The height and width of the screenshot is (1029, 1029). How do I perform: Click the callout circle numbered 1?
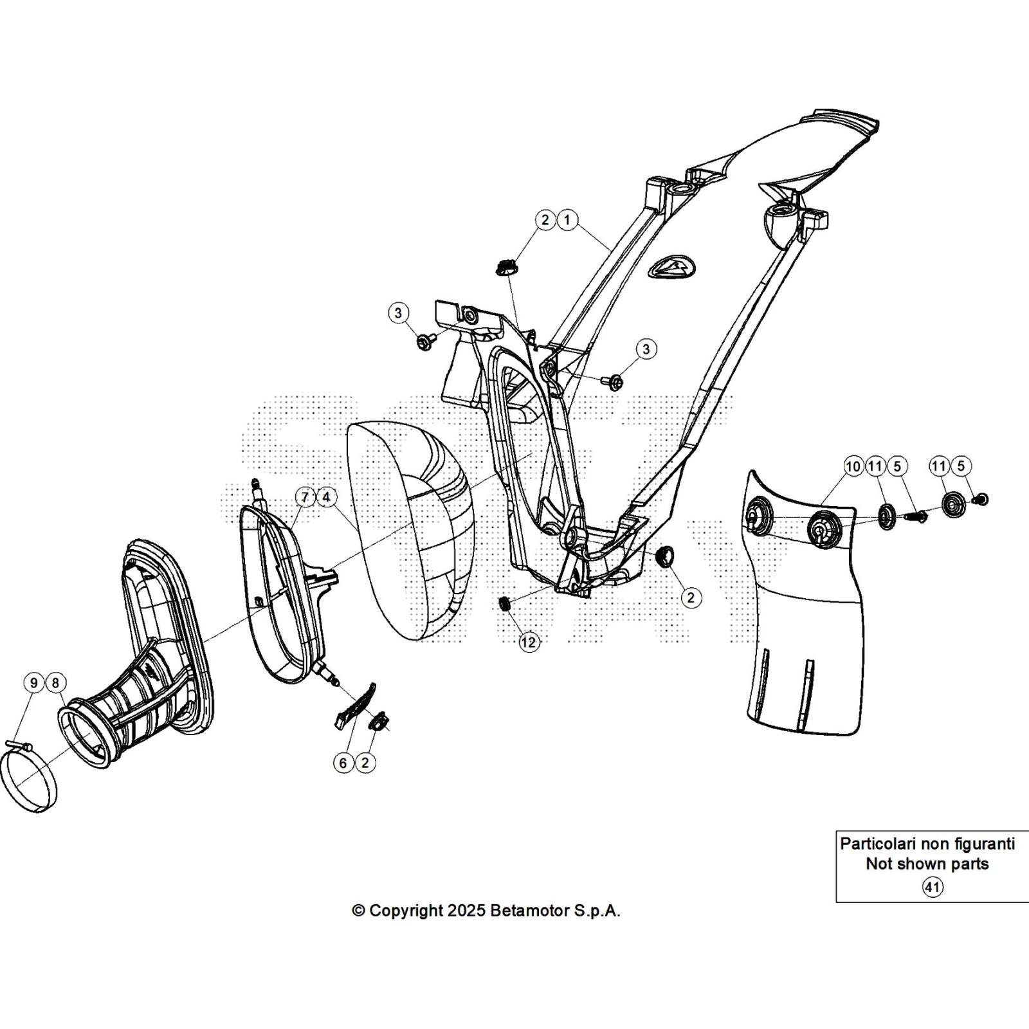coord(567,220)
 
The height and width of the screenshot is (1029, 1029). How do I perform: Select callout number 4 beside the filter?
coord(326,497)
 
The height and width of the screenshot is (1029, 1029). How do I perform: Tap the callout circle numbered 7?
coord(305,497)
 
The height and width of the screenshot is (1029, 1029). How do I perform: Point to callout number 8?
coord(55,683)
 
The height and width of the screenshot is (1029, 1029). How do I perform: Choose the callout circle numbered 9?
coord(34,683)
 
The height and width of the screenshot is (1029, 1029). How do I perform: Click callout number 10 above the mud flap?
coord(853,466)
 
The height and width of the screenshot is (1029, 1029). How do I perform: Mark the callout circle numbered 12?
coord(529,642)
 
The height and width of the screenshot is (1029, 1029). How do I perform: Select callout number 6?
coord(343,763)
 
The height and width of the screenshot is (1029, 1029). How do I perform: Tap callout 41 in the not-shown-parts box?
coord(933,888)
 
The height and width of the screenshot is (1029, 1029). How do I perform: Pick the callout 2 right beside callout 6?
coord(365,763)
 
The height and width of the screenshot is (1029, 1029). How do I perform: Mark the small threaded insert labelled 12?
coord(505,604)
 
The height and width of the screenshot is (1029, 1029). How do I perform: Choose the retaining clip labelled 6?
coord(354,704)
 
